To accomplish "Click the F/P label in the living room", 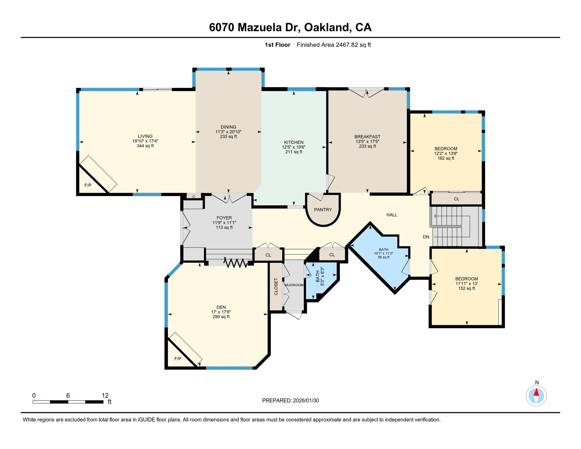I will tap(88, 185).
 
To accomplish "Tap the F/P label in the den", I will tap(178, 359).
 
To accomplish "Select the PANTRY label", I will tap(323, 210).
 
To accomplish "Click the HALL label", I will tap(392, 215).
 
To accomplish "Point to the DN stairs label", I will tap(426, 237).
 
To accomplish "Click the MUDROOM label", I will tap(294, 285).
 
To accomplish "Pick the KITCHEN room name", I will tap(294, 142).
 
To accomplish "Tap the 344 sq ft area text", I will tap(145, 146).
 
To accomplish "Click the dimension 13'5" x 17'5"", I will tap(367, 141).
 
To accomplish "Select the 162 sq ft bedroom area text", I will tap(446, 158).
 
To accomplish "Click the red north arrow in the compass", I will tap(536, 392).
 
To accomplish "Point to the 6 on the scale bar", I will tap(68, 396).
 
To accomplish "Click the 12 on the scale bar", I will tap(105, 396).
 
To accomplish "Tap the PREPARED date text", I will tap(290, 400).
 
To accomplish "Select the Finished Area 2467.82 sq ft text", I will tap(333, 45).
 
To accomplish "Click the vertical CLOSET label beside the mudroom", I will tap(276, 286).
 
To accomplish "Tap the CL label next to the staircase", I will tap(456, 199).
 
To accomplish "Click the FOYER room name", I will tap(224, 218).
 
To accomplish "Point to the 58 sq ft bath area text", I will tap(383, 258).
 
